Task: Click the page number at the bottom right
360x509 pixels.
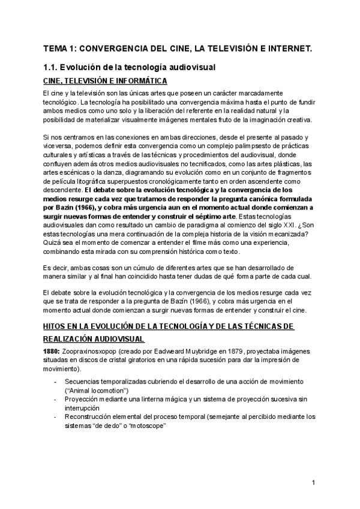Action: click(x=313, y=483)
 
